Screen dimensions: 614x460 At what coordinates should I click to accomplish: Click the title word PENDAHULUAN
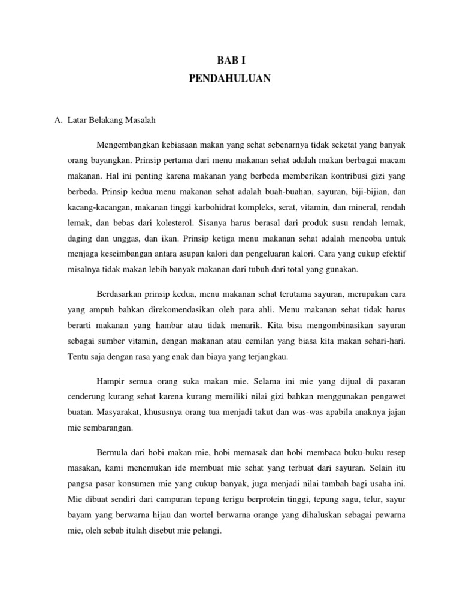tap(230, 79)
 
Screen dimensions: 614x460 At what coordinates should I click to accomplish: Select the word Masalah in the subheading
tap(140, 120)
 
